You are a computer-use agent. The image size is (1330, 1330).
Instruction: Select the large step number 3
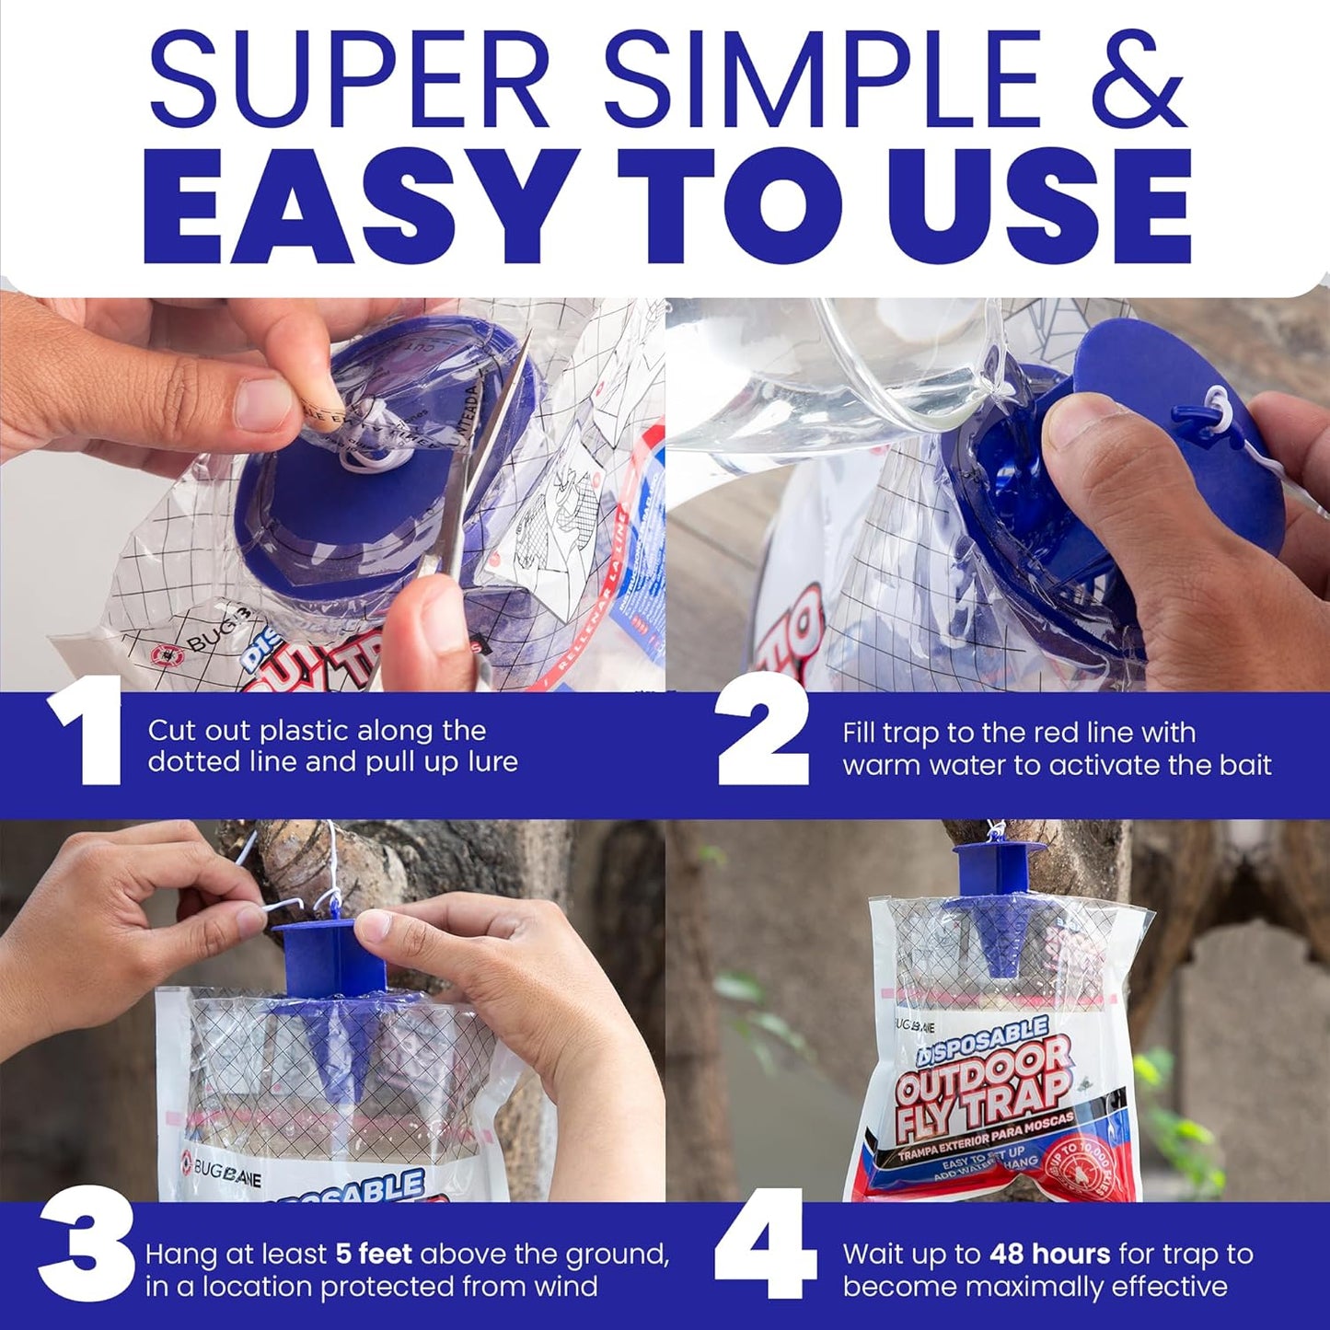tap(86, 1254)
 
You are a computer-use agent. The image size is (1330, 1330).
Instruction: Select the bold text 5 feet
tap(373, 1255)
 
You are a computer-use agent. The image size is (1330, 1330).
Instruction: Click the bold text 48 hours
tap(1050, 1255)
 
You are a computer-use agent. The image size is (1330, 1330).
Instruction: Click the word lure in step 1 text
tap(493, 762)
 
